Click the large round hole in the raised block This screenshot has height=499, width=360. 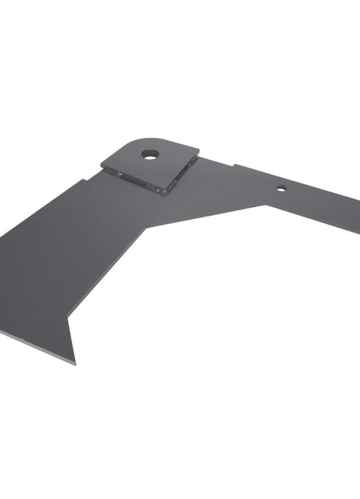[149, 154]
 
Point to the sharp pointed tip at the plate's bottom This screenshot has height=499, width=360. [75, 363]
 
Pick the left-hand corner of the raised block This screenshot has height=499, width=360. [101, 163]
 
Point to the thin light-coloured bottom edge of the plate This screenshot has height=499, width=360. [35, 346]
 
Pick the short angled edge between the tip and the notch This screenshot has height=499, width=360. [72, 341]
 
